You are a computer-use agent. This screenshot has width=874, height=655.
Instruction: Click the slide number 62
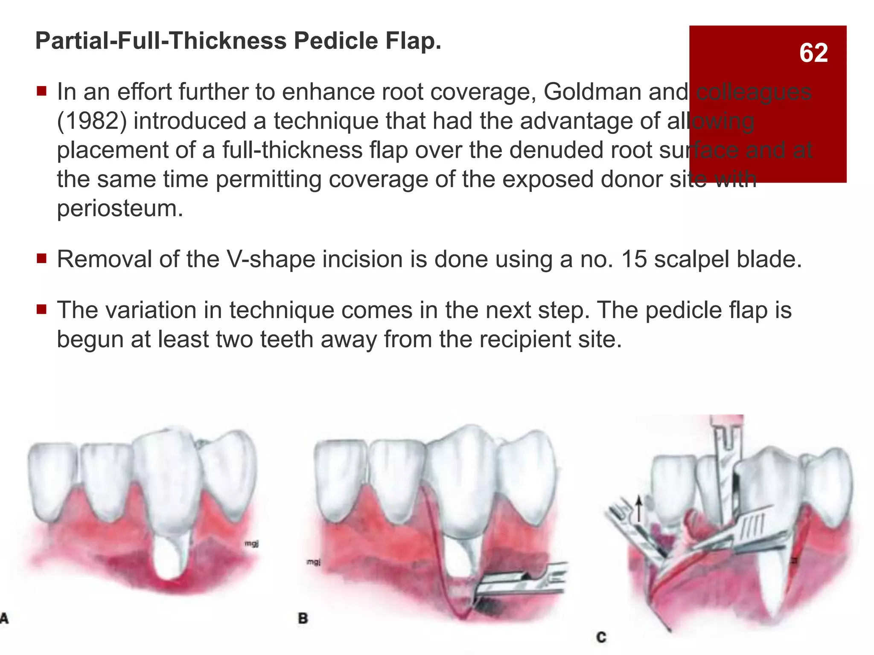[x=813, y=53]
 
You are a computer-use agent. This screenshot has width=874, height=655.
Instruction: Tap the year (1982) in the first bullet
[x=92, y=121]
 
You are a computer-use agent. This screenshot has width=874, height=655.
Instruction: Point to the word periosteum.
[x=120, y=209]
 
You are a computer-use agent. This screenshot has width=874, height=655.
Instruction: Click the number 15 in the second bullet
[x=635, y=259]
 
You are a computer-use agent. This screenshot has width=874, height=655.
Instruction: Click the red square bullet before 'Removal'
[x=41, y=258]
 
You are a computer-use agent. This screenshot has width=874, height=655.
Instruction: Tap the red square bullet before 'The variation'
[x=41, y=309]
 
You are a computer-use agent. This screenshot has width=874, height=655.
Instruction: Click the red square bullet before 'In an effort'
[x=41, y=91]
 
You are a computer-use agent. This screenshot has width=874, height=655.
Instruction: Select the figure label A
[x=4, y=618]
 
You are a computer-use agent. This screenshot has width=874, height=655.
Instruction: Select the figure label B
[x=303, y=618]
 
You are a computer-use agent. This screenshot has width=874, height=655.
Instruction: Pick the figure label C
[x=601, y=638]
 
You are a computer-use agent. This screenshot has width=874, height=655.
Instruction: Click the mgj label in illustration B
[x=314, y=562]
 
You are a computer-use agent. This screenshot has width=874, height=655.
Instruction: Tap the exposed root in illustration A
[x=169, y=559]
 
